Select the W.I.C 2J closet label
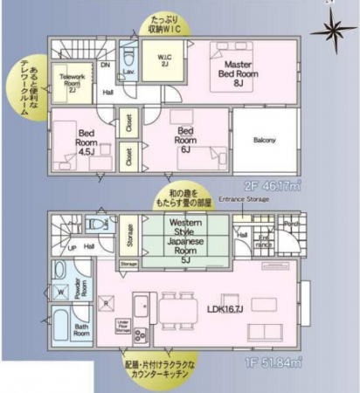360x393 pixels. [x=164, y=64]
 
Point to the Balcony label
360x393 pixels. [x=266, y=140]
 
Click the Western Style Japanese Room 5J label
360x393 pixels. [x=185, y=239]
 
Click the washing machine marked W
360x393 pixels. [x=61, y=293]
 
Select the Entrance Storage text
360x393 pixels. [x=245, y=200]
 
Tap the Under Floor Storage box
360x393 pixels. [x=123, y=327]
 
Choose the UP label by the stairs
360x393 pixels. [x=72, y=248]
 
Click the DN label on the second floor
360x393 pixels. [x=105, y=64]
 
